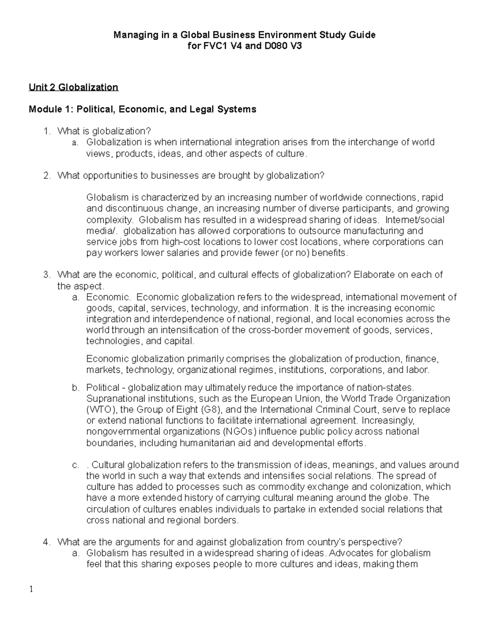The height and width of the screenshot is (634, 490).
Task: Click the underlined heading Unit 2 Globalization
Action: [x=73, y=87]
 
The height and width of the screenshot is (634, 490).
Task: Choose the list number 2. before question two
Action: [x=47, y=176]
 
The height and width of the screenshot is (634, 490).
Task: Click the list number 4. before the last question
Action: [x=47, y=542]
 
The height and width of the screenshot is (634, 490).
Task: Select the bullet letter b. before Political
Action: [x=76, y=387]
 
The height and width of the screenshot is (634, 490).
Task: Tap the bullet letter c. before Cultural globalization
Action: [x=76, y=465]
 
